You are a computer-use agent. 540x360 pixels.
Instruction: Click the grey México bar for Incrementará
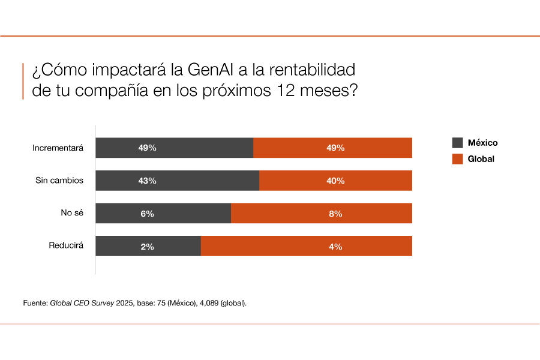[174, 148]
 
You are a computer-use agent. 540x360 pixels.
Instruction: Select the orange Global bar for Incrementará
[332, 148]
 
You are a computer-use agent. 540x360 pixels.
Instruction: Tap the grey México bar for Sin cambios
[177, 181]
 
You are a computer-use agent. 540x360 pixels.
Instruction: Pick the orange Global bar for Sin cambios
[335, 181]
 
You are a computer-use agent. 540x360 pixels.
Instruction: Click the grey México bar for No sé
[163, 213]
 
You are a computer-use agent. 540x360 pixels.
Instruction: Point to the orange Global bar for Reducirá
[306, 246]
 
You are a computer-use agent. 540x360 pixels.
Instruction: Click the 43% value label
[148, 181]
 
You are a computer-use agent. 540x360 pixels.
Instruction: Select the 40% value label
[335, 181]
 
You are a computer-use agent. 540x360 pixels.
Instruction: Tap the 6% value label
[148, 214]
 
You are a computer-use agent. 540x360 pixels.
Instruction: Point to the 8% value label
[335, 214]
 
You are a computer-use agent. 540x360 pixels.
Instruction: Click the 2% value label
[148, 246]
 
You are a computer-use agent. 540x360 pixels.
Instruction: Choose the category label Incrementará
[58, 148]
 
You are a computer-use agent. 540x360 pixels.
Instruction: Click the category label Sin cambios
[59, 181]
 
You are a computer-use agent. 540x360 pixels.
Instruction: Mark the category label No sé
[71, 213]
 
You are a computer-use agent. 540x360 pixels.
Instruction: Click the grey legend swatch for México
[457, 143]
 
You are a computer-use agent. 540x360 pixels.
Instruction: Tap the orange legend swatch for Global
[457, 159]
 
